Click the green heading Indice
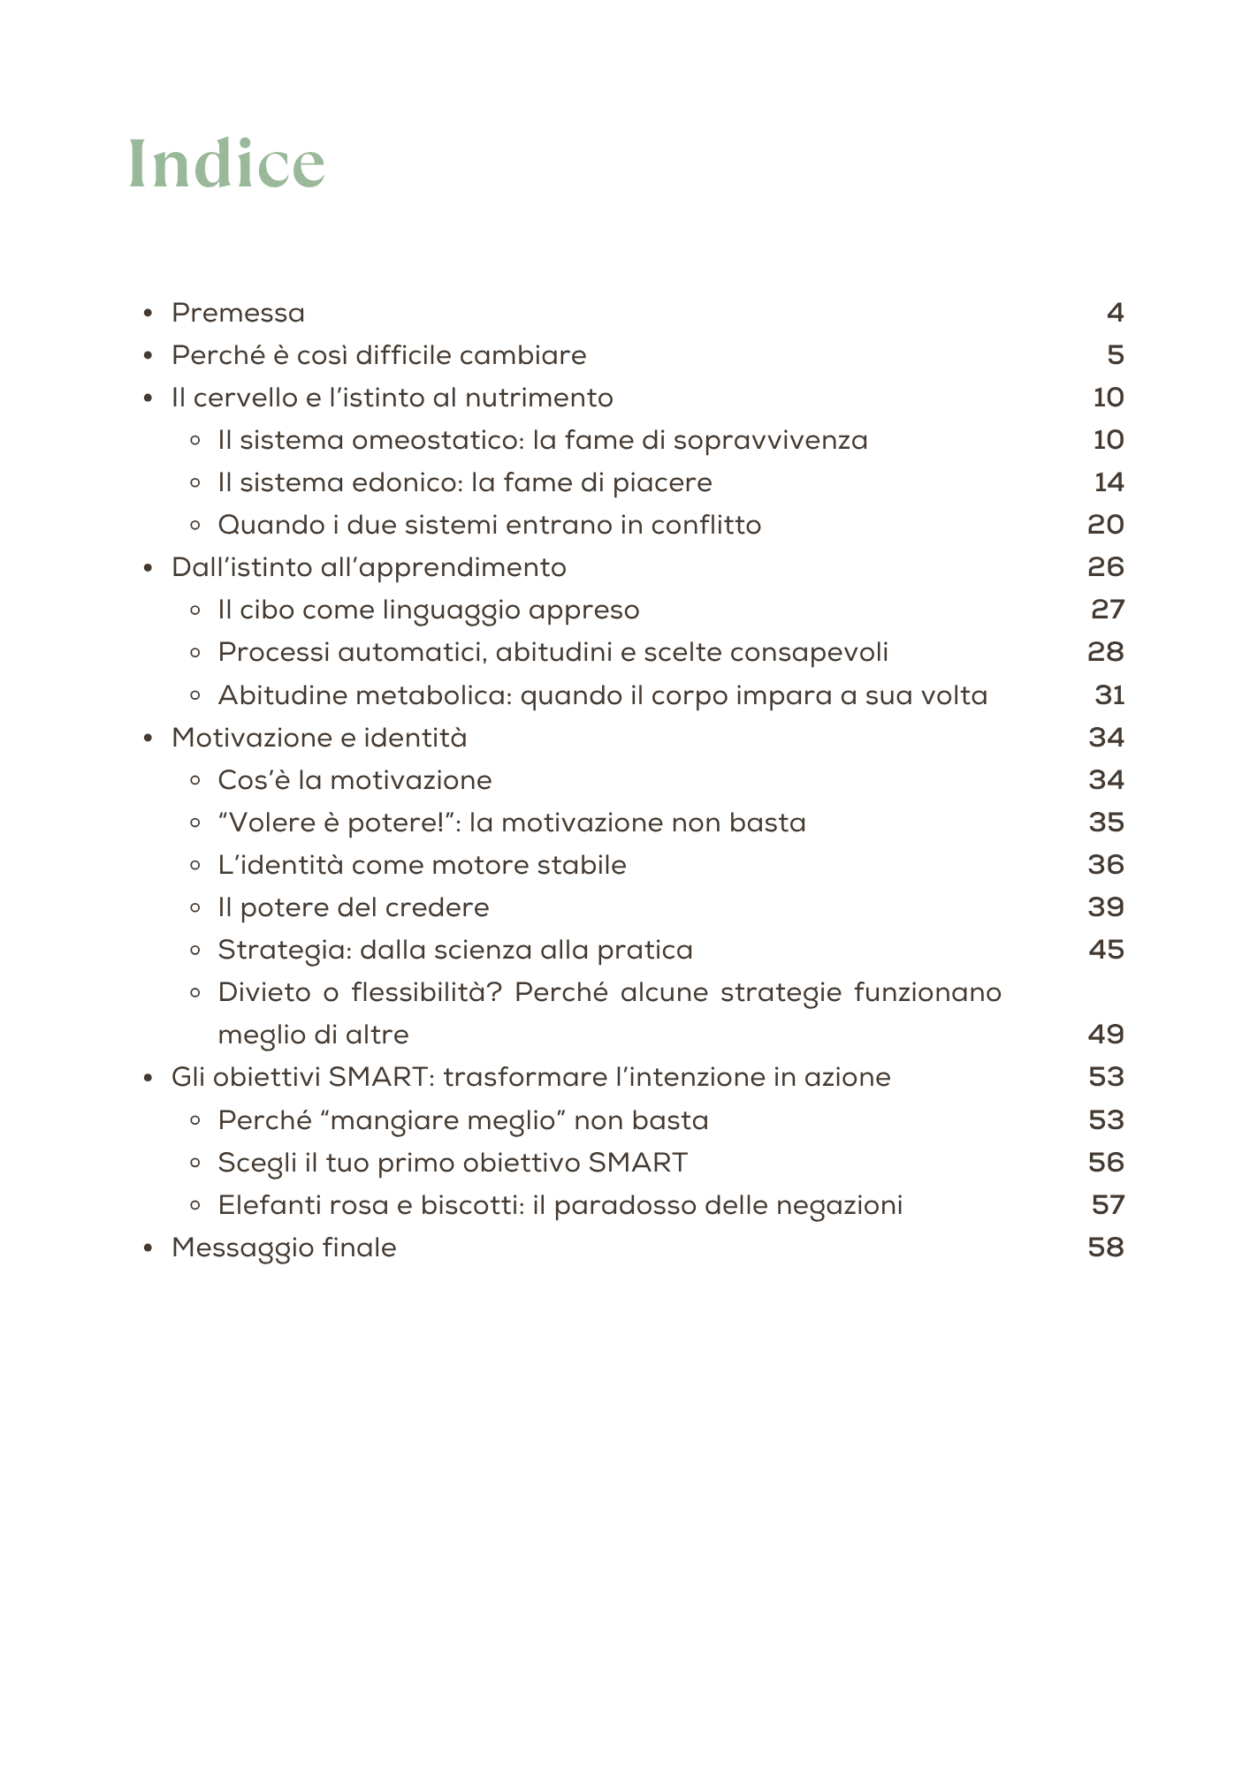(x=226, y=163)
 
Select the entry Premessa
(x=238, y=313)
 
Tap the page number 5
(x=1115, y=355)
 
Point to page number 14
(x=1109, y=482)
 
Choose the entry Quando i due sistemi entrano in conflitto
(x=489, y=525)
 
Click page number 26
(x=1105, y=567)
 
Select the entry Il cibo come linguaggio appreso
(x=429, y=610)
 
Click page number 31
(x=1109, y=695)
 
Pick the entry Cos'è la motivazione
(x=354, y=780)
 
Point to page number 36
(x=1105, y=865)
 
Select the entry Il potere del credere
(x=354, y=907)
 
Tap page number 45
(x=1105, y=950)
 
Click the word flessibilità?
(x=426, y=992)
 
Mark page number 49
(x=1105, y=1035)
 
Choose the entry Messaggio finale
(x=284, y=1248)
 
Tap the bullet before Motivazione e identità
(x=149, y=738)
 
